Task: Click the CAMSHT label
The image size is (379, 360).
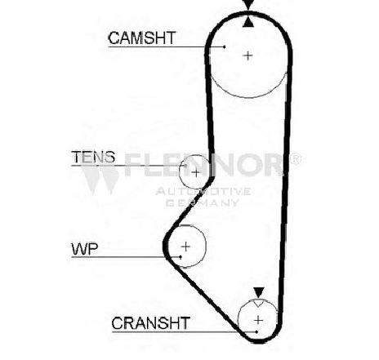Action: (x=142, y=38)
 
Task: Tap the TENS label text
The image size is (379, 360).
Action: (x=93, y=157)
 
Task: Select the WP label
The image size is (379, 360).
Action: (x=85, y=248)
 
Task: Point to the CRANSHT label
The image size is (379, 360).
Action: (x=150, y=323)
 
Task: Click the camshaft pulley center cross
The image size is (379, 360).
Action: (x=247, y=56)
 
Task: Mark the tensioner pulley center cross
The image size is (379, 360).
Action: (x=195, y=172)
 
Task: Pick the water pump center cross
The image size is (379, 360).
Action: (x=185, y=247)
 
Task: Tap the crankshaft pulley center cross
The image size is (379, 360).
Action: (x=258, y=320)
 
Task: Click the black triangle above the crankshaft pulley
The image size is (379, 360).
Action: (x=259, y=292)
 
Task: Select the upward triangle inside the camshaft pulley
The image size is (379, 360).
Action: (x=248, y=22)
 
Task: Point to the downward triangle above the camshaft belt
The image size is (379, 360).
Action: (x=248, y=5)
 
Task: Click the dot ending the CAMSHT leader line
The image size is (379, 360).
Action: (x=224, y=47)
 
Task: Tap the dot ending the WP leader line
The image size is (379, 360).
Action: (x=181, y=256)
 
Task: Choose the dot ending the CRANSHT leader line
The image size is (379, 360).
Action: (x=256, y=331)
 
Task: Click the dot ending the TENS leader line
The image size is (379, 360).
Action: (x=185, y=166)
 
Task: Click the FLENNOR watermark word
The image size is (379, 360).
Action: (x=203, y=165)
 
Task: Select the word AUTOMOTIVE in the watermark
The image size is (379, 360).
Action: (x=203, y=191)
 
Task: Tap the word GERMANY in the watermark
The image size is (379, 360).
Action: (x=203, y=202)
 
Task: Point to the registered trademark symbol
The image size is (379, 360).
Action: (x=295, y=159)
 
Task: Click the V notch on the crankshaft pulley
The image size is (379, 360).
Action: (x=258, y=303)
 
